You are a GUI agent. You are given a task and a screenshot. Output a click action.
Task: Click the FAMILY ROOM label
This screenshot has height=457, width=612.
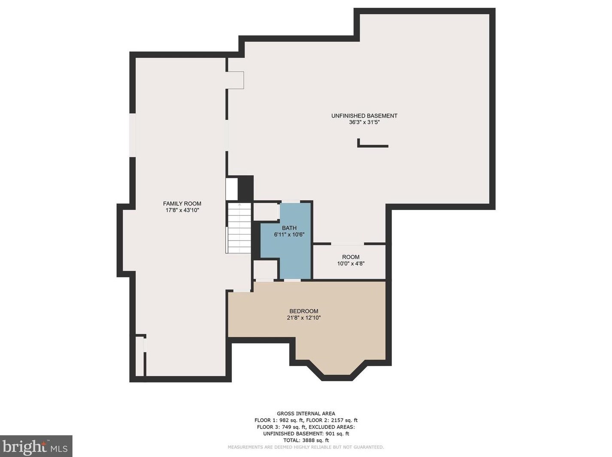pyautogui.click(x=182, y=204)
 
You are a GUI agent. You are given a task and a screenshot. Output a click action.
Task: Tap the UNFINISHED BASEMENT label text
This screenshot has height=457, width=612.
pyautogui.click(x=364, y=116)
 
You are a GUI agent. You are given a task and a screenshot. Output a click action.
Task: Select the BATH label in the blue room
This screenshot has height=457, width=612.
pyautogui.click(x=289, y=228)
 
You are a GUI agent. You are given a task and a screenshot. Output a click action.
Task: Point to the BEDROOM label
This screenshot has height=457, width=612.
pyautogui.click(x=303, y=311)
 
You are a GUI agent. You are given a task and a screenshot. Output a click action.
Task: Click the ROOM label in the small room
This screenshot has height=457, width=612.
pyautogui.click(x=351, y=257)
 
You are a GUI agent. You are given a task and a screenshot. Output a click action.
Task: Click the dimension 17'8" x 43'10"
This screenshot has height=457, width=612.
pyautogui.click(x=182, y=210)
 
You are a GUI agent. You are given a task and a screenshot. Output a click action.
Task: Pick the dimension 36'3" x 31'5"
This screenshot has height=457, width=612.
pyautogui.click(x=364, y=122)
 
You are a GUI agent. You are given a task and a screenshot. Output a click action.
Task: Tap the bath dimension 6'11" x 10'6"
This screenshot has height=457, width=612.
pyautogui.click(x=289, y=235)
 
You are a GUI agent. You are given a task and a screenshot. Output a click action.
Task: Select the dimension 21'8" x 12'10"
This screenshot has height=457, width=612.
pyautogui.click(x=304, y=318)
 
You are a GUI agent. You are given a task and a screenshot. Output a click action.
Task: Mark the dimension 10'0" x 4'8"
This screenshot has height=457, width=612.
pyautogui.click(x=351, y=264)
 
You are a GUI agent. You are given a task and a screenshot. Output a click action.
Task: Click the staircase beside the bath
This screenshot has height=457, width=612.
pyautogui.click(x=238, y=228)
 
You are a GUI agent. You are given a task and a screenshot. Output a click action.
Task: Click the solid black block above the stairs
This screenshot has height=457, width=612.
pyautogui.click(x=245, y=188)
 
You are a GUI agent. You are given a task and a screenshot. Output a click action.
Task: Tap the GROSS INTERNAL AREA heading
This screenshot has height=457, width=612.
pyautogui.click(x=306, y=414)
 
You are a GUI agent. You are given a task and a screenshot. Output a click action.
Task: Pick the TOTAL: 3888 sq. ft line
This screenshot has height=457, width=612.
pyautogui.click(x=306, y=440)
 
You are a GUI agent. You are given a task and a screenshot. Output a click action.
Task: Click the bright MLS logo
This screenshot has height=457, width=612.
pyautogui.click(x=36, y=446)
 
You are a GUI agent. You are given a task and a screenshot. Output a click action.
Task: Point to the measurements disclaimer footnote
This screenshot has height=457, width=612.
pyautogui.click(x=306, y=447)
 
